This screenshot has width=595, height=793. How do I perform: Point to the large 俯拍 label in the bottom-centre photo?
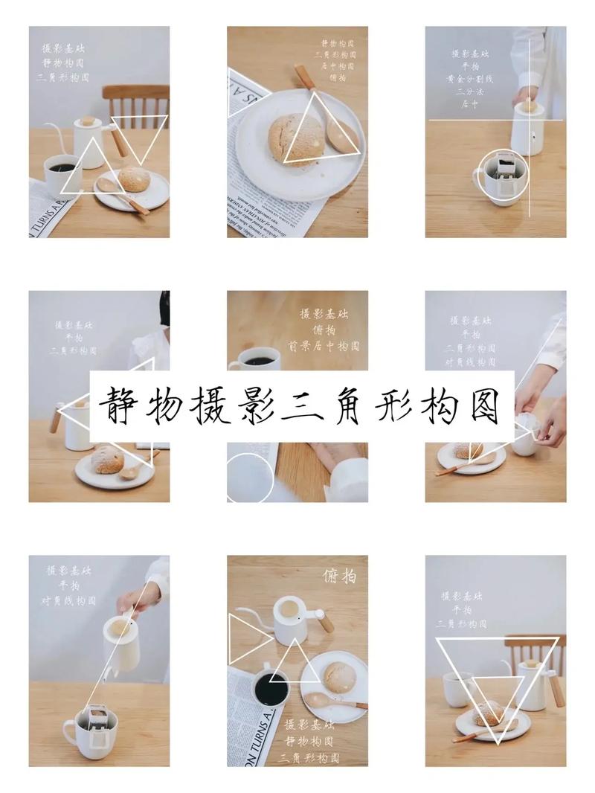339,576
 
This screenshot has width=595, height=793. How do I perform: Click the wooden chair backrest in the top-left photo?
135,100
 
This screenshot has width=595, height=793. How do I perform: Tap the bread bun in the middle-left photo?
107,461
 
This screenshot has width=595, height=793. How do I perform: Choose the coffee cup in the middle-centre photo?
257,359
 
